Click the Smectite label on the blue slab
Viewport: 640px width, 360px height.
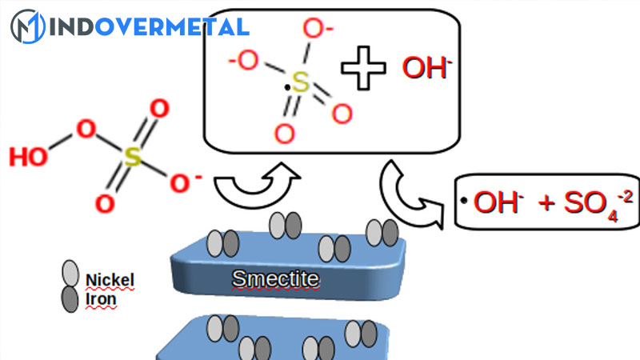[x=275, y=279]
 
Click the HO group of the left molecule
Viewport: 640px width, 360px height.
[x=29, y=157]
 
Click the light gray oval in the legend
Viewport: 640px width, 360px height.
[x=71, y=275]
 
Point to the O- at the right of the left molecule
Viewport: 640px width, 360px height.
[x=185, y=182]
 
